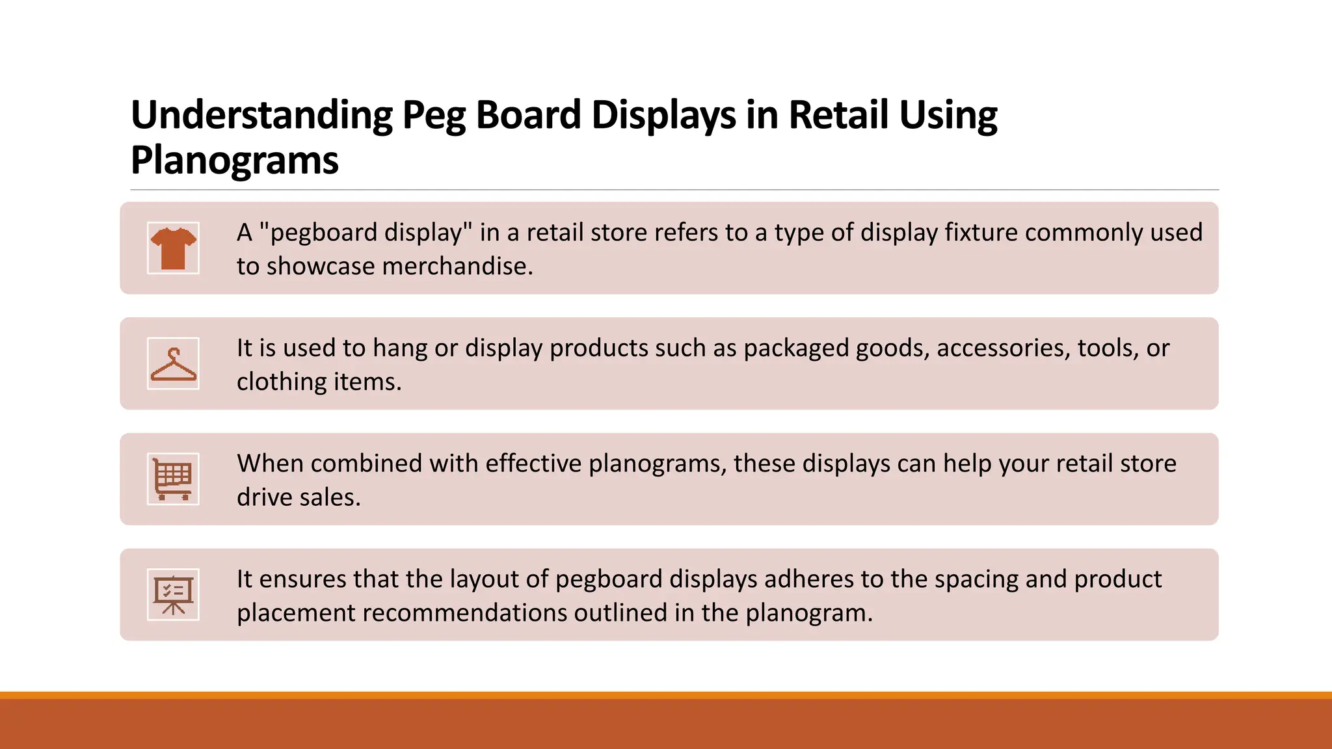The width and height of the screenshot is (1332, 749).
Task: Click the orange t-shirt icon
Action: [173, 248]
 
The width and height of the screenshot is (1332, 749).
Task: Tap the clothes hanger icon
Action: [173, 363]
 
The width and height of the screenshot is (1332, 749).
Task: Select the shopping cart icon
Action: [173, 479]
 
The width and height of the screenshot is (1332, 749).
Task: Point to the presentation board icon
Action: [173, 595]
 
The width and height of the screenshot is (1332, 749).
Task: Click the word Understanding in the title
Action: [261, 116]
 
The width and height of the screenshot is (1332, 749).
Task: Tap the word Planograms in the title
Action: [235, 161]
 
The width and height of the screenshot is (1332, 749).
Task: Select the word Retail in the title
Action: [838, 116]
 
